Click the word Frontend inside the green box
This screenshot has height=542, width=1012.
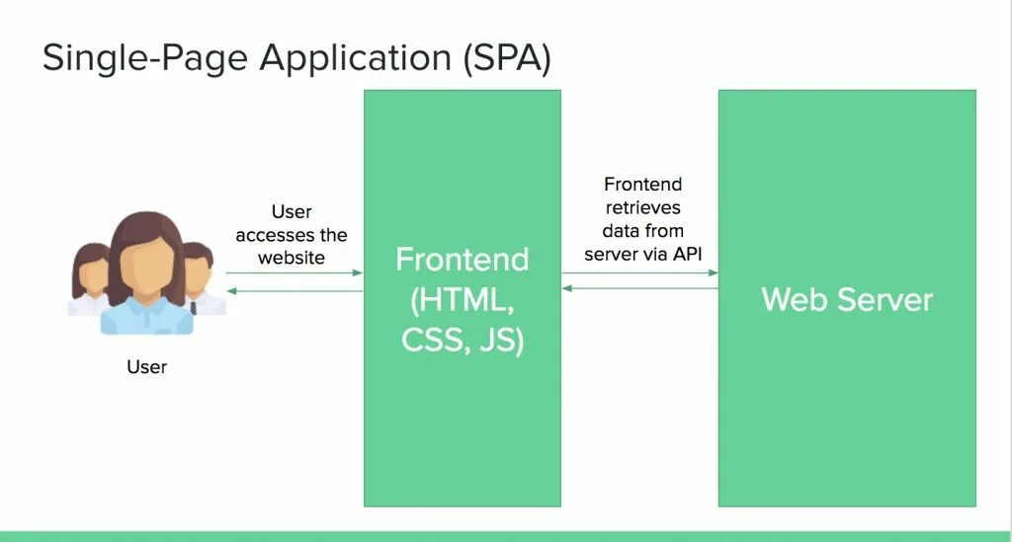[462, 260]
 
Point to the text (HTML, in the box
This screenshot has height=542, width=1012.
[462, 299]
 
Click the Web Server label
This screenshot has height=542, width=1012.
[847, 299]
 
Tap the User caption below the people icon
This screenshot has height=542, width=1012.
[146, 367]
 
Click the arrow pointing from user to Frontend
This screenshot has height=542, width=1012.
[295, 273]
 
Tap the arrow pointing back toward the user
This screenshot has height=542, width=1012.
[295, 291]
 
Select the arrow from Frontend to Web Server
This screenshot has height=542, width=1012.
[640, 273]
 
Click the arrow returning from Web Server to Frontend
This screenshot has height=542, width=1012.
[640, 288]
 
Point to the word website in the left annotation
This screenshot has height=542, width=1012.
[292, 258]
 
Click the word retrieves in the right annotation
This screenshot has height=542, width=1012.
[643, 207]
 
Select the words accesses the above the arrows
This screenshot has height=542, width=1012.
[292, 235]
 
